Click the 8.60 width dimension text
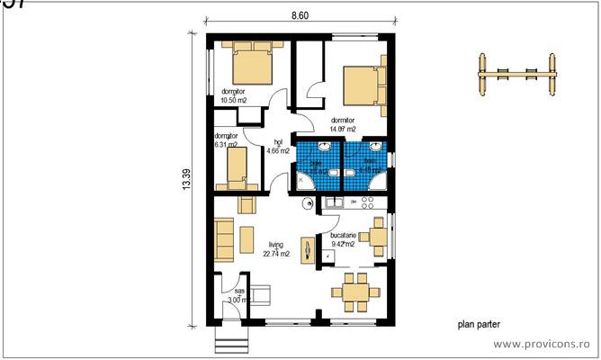tap(300, 15)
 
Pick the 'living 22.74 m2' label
tap(276, 249)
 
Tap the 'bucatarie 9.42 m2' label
tap(343, 238)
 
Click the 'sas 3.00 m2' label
tap(238, 296)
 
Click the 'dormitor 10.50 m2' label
tap(233, 95)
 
